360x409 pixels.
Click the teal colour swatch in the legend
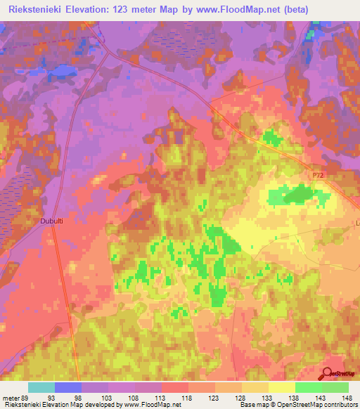(41, 387)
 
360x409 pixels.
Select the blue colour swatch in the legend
(68, 387)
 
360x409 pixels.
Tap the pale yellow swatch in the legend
(281, 387)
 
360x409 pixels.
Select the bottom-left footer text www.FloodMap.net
(148, 405)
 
